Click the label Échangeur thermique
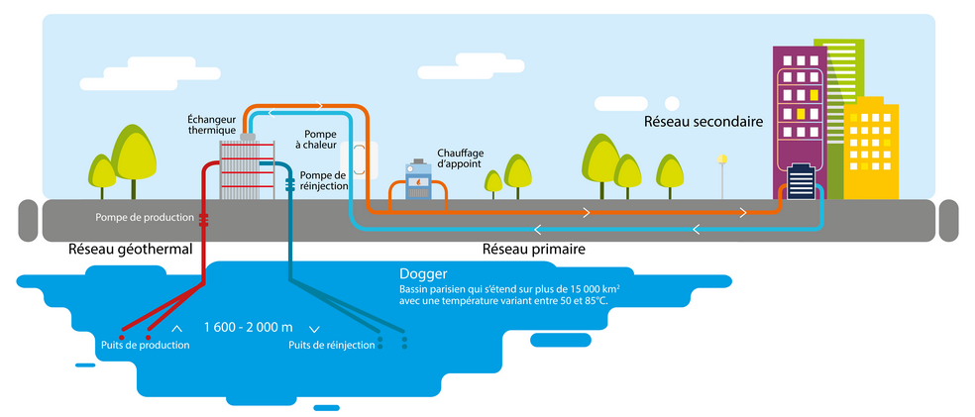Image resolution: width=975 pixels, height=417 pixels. click(211, 125)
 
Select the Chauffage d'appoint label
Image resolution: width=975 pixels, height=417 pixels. click(459, 159)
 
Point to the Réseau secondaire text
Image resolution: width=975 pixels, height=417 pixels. click(703, 123)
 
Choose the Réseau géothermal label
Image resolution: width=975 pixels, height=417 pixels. click(129, 250)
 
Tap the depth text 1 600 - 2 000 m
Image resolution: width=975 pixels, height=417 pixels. click(248, 328)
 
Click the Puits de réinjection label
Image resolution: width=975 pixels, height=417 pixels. click(332, 345)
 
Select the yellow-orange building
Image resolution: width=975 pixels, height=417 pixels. click(872, 149)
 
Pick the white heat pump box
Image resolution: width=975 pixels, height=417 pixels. click(359, 158)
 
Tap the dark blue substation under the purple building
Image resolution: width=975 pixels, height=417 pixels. click(801, 183)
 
